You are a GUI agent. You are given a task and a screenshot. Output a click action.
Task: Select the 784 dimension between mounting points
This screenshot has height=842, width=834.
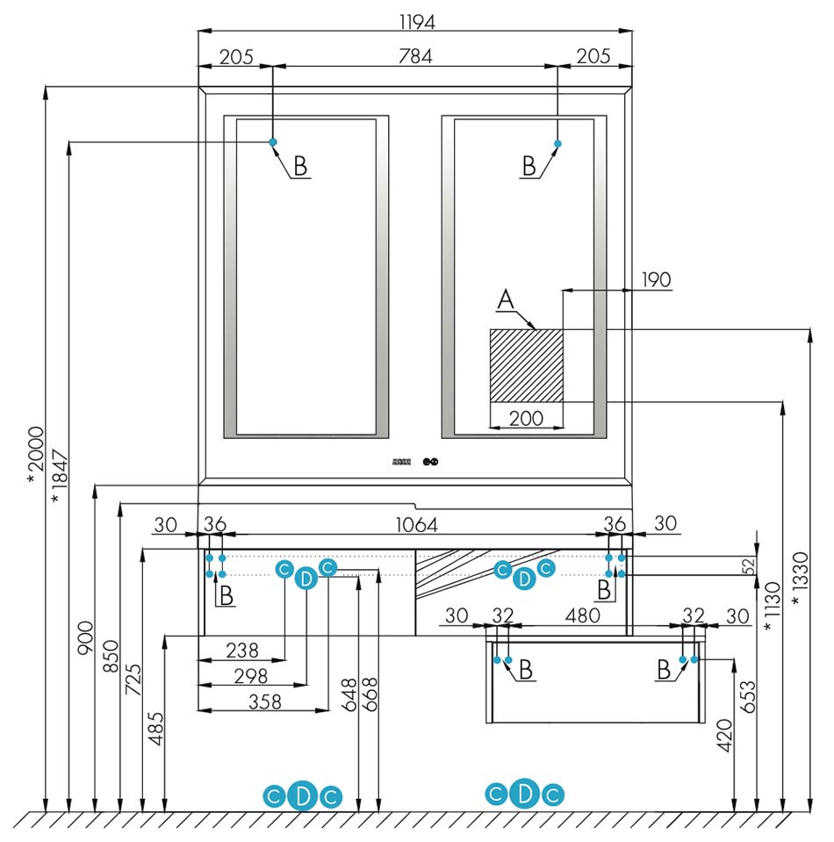(415, 56)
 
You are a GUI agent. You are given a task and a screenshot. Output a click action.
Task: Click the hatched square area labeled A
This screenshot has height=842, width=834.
(526, 365)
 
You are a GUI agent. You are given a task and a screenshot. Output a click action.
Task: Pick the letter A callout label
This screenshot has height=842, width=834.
(506, 299)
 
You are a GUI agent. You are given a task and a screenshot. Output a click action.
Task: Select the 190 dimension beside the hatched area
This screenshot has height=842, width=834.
(657, 280)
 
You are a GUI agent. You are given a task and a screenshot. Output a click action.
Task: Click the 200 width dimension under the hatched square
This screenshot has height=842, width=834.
(526, 418)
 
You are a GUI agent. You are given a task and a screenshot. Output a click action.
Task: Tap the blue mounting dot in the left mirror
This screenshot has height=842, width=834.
(273, 142)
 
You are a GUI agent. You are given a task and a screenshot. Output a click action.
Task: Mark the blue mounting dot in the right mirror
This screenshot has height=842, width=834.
(557, 143)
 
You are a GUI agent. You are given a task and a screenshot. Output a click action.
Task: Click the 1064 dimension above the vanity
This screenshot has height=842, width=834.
(417, 525)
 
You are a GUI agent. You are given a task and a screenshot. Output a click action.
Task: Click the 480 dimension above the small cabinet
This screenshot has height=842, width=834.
(582, 615)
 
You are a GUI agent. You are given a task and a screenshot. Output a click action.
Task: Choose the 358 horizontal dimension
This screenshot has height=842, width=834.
(265, 702)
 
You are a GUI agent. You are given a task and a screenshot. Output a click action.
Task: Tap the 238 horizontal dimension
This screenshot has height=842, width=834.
(242, 651)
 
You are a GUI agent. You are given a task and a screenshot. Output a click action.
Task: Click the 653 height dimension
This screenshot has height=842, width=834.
(747, 696)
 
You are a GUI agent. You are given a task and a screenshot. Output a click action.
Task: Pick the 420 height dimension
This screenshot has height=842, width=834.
(724, 736)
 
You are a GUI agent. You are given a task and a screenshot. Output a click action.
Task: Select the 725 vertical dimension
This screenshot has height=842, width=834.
(133, 680)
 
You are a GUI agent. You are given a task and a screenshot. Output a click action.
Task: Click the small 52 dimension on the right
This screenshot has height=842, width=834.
(750, 566)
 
